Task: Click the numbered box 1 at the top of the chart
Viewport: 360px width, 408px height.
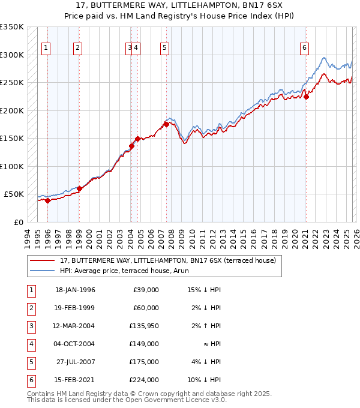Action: coord(47,49)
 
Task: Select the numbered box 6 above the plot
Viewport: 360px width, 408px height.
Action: coord(305,49)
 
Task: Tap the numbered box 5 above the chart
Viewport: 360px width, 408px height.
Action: coord(164,49)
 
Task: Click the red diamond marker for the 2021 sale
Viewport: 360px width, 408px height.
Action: coord(305,97)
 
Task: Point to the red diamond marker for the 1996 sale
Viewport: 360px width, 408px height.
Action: coord(47,200)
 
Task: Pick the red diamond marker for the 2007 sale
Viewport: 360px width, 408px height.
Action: coord(166,124)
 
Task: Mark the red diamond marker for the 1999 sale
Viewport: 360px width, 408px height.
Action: coord(79,188)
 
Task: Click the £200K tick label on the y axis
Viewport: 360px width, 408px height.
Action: coord(12,110)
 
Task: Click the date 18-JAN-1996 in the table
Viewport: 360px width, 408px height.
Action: coord(75,290)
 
